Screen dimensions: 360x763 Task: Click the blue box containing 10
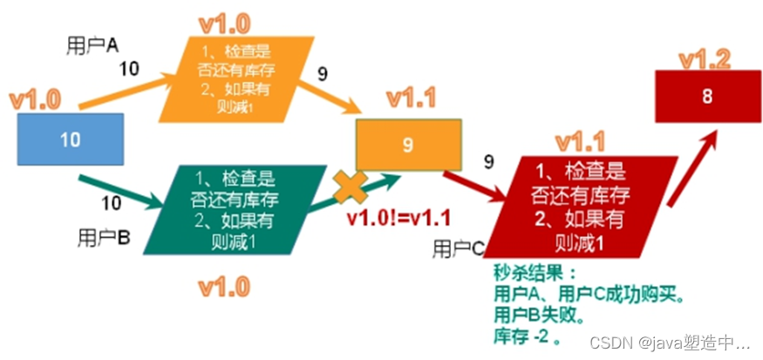[x=70, y=139]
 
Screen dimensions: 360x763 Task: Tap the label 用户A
[x=93, y=43]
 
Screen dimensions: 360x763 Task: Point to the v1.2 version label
[x=705, y=60]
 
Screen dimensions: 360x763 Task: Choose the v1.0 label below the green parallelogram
[x=224, y=286]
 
